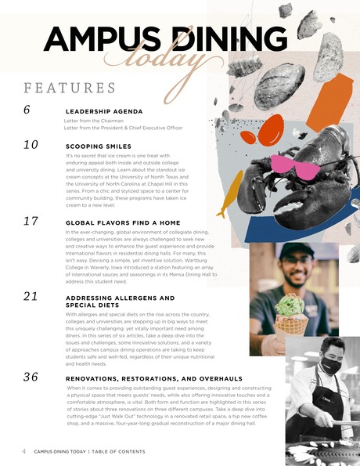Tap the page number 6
(x=27, y=110)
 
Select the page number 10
(x=31, y=144)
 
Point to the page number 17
(x=31, y=221)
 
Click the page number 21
(x=31, y=296)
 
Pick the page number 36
(x=31, y=377)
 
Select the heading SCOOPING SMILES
(x=99, y=146)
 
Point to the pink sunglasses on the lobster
(x=294, y=166)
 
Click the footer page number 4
(x=24, y=451)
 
